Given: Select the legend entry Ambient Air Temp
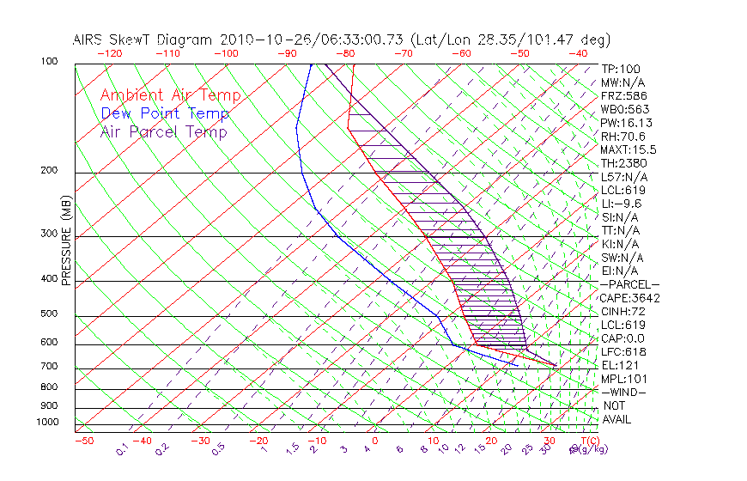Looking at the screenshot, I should click(170, 96).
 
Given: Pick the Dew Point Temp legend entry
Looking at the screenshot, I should click(165, 114).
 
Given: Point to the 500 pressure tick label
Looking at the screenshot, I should click(49, 315).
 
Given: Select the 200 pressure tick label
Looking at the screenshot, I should click(49, 171).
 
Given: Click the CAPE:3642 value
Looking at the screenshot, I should click(629, 298).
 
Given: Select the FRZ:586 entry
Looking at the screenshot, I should click(623, 95).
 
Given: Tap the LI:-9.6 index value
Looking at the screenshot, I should click(622, 204).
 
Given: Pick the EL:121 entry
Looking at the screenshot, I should click(620, 365).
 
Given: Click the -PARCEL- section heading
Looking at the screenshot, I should click(629, 284).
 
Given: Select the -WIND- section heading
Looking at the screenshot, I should click(623, 392).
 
